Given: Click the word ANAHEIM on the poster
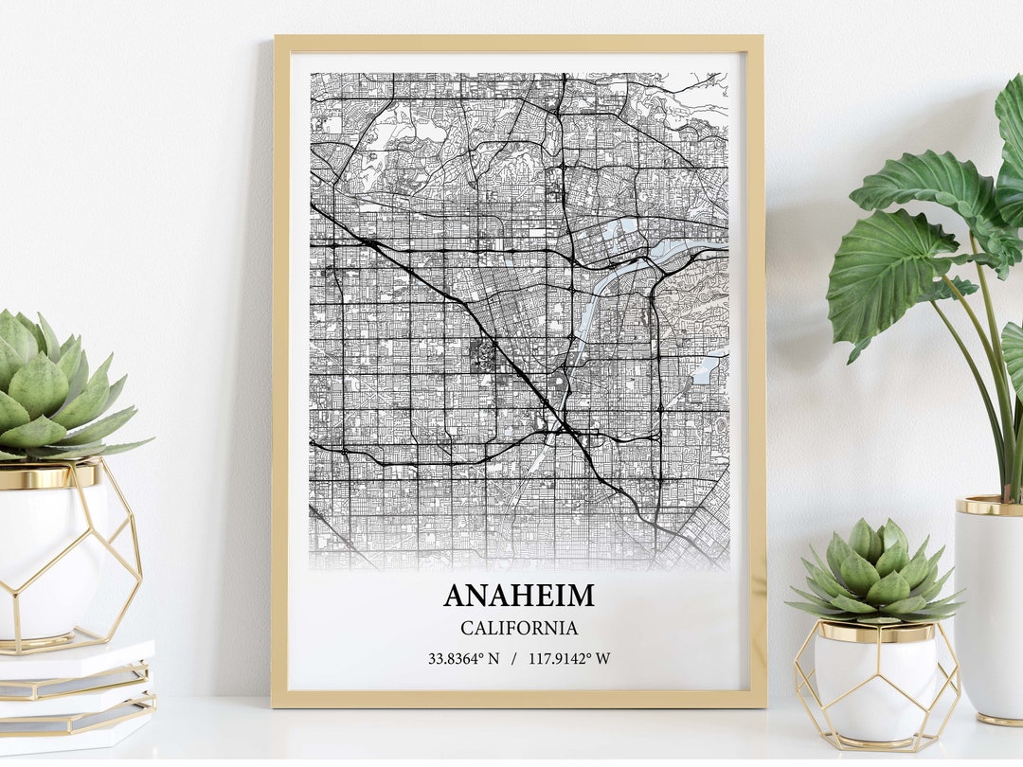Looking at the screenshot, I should coord(519,595).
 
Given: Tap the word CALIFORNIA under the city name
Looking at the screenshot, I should coord(519,628).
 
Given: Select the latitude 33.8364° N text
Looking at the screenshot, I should coord(462,658).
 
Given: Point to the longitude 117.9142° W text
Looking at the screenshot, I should coord(569,658).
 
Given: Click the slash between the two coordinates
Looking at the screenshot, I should coord(513,658).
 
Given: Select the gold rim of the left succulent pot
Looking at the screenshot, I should coord(47,474).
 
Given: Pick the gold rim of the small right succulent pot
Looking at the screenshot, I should coord(875,631).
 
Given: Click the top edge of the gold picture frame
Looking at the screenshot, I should coord(518,44).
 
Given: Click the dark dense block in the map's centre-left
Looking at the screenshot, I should coord(482,356).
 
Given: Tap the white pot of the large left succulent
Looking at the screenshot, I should coord(47,559).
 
